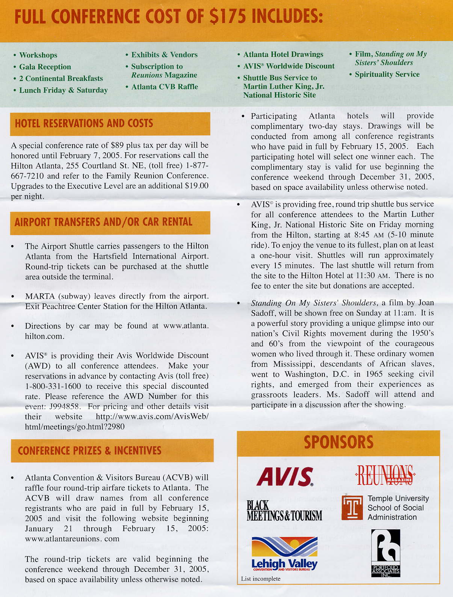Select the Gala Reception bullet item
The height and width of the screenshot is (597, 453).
pos(45,67)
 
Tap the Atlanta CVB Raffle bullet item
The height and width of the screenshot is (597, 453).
pos(165,87)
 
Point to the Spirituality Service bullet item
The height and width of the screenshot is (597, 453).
pos(387,74)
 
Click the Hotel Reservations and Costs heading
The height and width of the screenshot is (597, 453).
pos(84,124)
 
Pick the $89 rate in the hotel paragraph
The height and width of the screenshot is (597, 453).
pos(117,145)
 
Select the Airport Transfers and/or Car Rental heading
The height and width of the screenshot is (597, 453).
pos(103,222)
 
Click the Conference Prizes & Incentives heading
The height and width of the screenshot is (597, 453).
pos(89,451)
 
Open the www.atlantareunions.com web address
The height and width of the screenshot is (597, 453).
pos(72,539)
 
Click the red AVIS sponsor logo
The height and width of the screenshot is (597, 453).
pos(285,477)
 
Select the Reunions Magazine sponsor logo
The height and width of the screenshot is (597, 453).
pos(385,476)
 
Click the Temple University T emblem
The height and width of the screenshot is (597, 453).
pos(352,508)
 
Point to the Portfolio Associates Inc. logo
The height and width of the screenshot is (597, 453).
pos(385,553)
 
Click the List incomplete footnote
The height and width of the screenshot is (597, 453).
pos(261,579)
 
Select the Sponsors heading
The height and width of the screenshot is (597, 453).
pos(338,442)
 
